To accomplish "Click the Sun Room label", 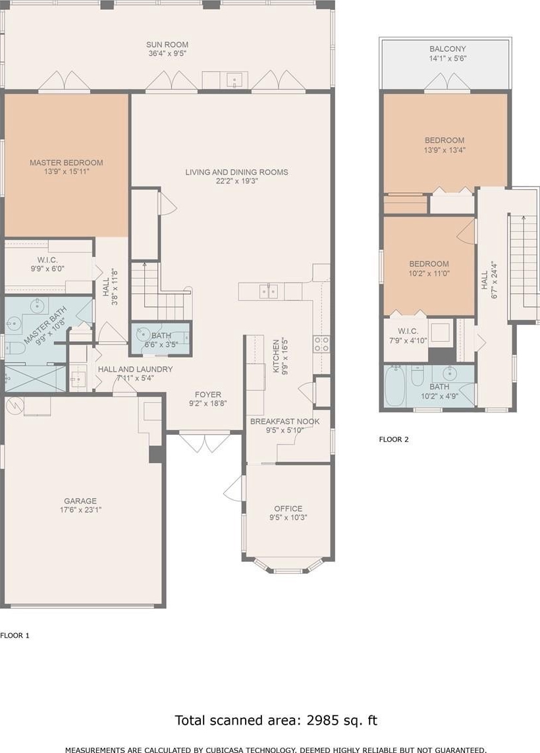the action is (167, 45).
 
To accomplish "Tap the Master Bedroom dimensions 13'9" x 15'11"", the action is (67, 171).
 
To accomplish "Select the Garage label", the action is (80, 501).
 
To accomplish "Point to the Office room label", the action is (288, 508).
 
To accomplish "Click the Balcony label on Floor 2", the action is (447, 49).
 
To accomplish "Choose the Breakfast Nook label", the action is (284, 421).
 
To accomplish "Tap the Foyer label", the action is (208, 394).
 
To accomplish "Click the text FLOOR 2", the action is (394, 439).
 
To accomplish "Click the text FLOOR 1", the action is (15, 635).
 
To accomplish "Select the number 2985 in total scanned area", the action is (323, 720).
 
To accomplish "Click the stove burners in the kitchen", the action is (321, 343).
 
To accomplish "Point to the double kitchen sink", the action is (268, 291).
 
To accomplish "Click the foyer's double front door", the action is (205, 442).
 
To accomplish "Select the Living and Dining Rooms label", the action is (236, 172).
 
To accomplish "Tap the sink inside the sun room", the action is (234, 80).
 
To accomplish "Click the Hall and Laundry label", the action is (135, 369).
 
